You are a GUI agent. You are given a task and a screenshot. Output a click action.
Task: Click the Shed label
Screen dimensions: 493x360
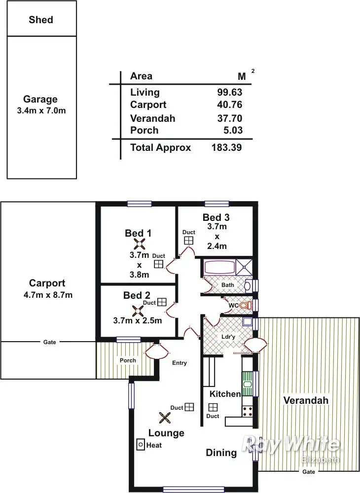pyautogui.click(x=41, y=20)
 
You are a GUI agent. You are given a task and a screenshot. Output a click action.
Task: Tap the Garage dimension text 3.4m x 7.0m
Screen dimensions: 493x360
pyautogui.click(x=41, y=111)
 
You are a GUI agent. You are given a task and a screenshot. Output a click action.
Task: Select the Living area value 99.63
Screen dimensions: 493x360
pyautogui.click(x=230, y=92)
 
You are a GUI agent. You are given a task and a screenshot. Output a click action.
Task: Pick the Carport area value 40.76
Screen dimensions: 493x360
pyautogui.click(x=230, y=105)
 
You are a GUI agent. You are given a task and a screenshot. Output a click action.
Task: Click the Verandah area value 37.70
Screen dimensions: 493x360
pyautogui.click(x=230, y=118)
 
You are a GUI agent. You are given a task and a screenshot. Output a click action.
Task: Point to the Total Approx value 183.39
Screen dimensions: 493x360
pyautogui.click(x=226, y=147)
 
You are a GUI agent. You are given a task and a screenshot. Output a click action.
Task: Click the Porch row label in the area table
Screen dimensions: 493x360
pyautogui.click(x=144, y=130)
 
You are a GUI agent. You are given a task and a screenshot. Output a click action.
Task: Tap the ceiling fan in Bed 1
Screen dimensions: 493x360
pyautogui.click(x=140, y=244)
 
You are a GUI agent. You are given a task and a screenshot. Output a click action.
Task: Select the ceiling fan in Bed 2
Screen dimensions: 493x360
pyautogui.click(x=138, y=311)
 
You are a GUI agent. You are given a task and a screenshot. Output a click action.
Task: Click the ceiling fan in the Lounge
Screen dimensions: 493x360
pyautogui.click(x=165, y=418)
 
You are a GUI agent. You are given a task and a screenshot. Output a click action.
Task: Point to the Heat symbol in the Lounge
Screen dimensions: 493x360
pyautogui.click(x=140, y=445)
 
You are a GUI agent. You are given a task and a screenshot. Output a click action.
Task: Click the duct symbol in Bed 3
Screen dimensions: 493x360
pyautogui.click(x=188, y=240)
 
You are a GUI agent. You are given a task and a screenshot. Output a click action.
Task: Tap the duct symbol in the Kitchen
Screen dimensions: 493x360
pyautogui.click(x=213, y=407)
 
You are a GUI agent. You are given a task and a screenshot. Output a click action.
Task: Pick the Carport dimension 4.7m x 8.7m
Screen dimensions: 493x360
pyautogui.click(x=47, y=295)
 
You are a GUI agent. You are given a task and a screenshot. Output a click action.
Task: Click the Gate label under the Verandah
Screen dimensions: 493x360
pyautogui.click(x=308, y=472)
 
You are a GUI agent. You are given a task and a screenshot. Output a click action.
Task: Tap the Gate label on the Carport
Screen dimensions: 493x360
pyautogui.click(x=49, y=342)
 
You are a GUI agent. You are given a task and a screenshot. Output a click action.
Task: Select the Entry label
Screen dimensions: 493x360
pyautogui.click(x=180, y=363)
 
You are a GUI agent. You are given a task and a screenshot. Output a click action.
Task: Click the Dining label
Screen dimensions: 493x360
pyautogui.click(x=221, y=453)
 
